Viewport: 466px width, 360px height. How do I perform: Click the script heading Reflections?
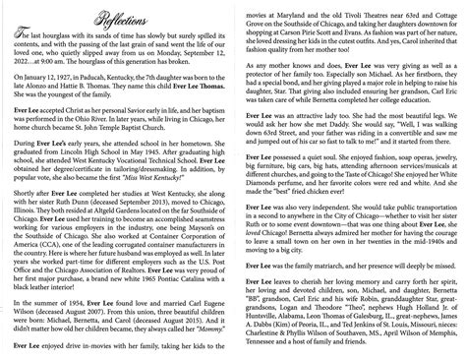[x=115, y=13]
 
